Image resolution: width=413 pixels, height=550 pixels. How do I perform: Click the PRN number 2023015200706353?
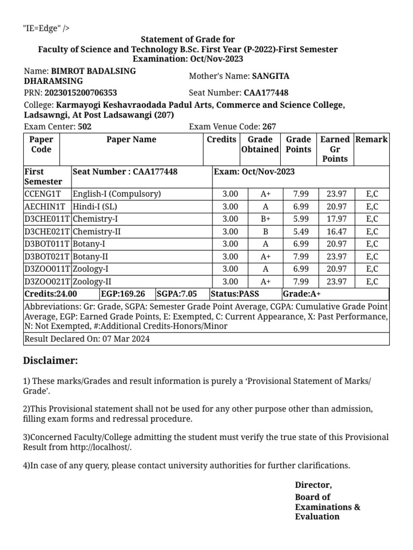tap(80, 92)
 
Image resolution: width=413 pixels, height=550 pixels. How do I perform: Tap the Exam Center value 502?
tap(84, 127)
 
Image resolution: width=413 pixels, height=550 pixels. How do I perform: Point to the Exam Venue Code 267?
tap(269, 127)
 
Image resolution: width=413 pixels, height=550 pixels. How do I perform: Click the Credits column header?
tap(222, 140)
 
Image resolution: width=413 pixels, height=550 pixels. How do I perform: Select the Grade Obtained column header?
tap(260, 144)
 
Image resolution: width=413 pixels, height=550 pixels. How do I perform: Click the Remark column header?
tap(372, 140)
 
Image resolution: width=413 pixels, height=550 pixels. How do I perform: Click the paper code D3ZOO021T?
tap(47, 281)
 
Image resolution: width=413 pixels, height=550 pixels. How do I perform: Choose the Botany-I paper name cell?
tap(89, 244)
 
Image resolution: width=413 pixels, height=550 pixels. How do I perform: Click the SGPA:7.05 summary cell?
tap(177, 294)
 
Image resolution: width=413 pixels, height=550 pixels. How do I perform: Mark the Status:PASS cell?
tap(236, 294)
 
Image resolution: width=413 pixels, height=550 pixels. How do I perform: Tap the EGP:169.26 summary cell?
tap(123, 294)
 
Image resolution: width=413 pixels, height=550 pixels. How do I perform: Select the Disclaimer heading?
tap(51, 360)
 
